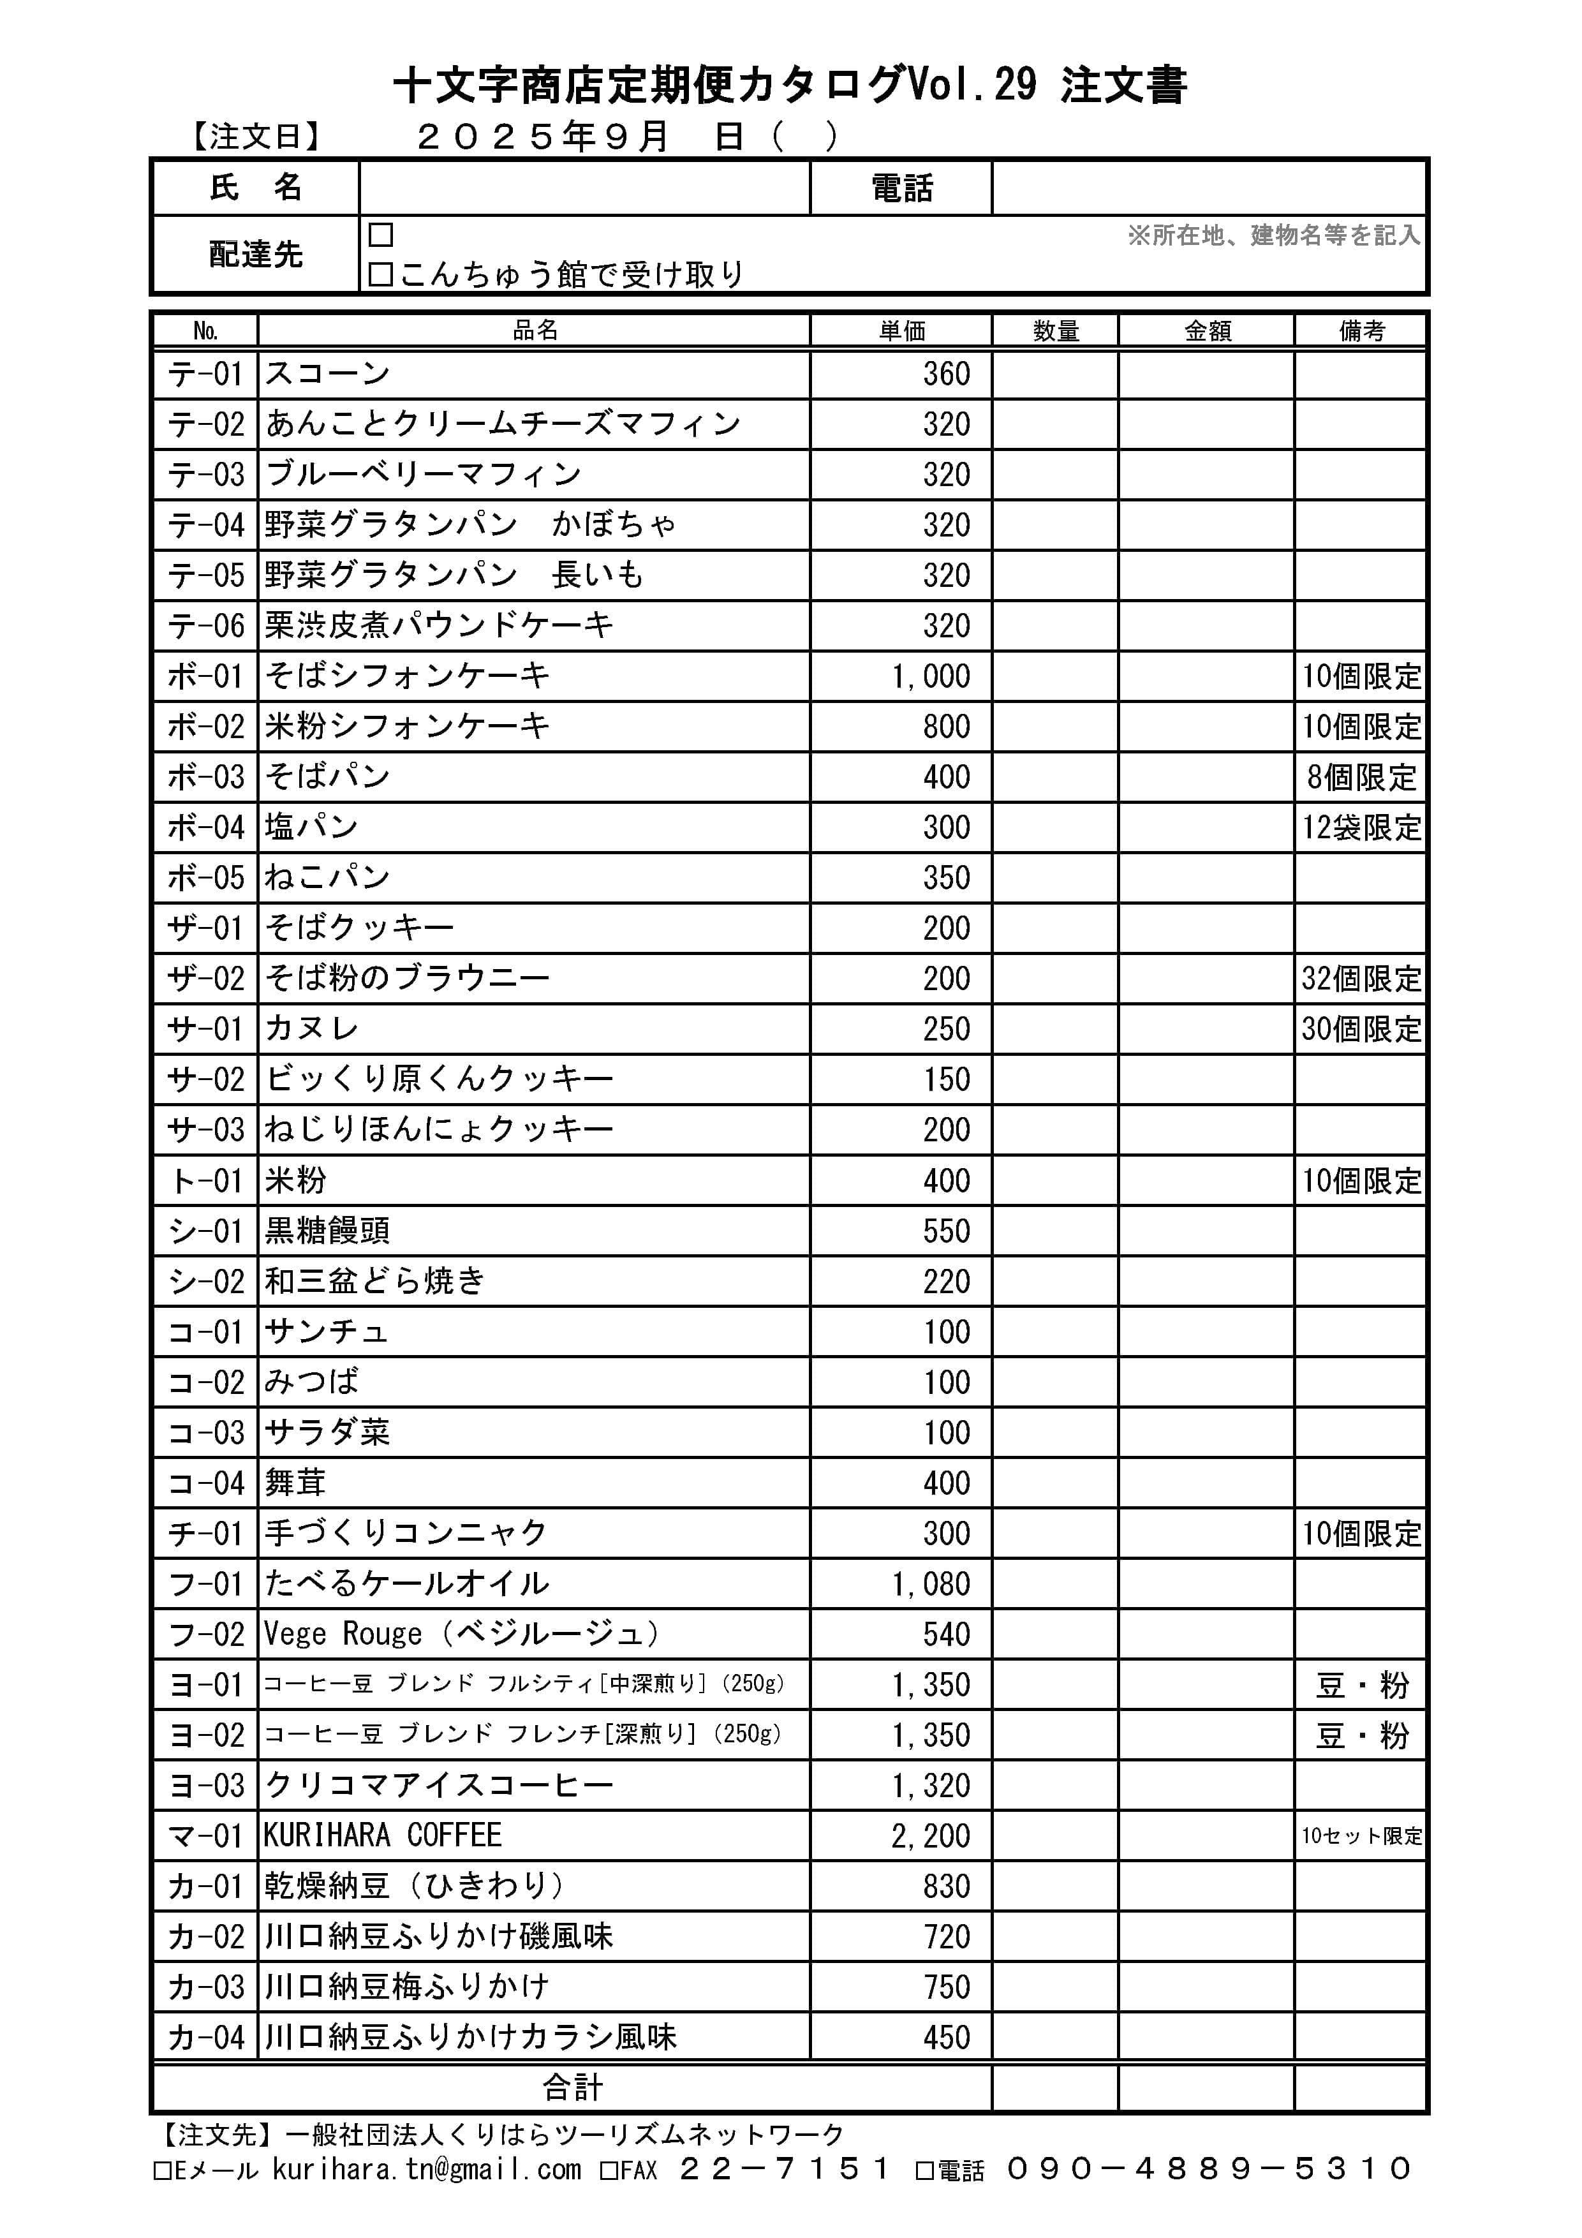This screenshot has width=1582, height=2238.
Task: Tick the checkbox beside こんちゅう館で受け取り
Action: coord(380,275)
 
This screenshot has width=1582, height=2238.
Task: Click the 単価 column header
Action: coord(901,330)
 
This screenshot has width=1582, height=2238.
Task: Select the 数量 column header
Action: coord(1056,330)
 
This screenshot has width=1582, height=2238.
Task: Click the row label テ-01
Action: coord(205,373)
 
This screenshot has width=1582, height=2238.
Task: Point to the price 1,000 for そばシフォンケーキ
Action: coord(931,676)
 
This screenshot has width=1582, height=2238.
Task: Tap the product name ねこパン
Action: coord(327,877)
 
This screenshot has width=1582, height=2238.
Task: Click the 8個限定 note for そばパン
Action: coord(1361,777)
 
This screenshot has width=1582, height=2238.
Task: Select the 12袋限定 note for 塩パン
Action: coord(1361,827)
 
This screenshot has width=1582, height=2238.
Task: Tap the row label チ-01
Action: coord(205,1533)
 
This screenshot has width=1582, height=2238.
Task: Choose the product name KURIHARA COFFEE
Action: coord(382,1835)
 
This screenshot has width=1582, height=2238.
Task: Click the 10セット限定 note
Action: coord(1361,1835)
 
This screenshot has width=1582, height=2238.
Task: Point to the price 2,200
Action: coord(931,1835)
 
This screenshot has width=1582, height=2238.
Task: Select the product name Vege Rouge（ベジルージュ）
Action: coord(463,1634)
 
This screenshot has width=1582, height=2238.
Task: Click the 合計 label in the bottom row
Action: coord(572,2087)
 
